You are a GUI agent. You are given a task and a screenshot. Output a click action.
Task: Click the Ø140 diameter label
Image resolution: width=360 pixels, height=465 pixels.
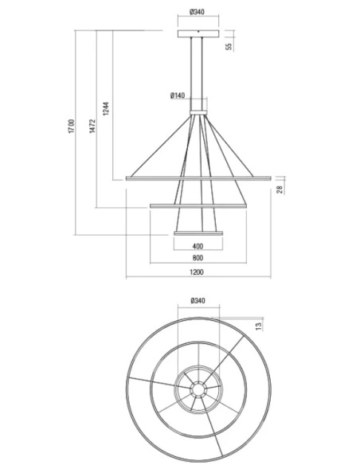coord(177,96)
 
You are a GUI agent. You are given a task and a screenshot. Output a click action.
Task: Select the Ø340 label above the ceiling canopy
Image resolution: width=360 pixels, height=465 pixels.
coord(198,12)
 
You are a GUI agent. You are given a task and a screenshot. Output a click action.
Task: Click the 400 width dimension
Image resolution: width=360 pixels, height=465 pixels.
coord(198,246)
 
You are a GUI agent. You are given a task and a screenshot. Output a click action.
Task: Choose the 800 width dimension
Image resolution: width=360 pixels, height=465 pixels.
coord(198,259)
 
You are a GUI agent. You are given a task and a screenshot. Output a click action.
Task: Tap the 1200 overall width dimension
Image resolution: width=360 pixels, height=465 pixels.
coord(198,272)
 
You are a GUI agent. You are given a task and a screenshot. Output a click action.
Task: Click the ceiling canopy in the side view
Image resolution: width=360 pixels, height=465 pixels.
coord(198,33)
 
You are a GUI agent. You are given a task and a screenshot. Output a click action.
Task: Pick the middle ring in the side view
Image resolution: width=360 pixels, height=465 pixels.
coord(198,206)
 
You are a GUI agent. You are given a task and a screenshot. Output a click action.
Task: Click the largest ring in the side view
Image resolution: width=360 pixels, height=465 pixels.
coord(198,178)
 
